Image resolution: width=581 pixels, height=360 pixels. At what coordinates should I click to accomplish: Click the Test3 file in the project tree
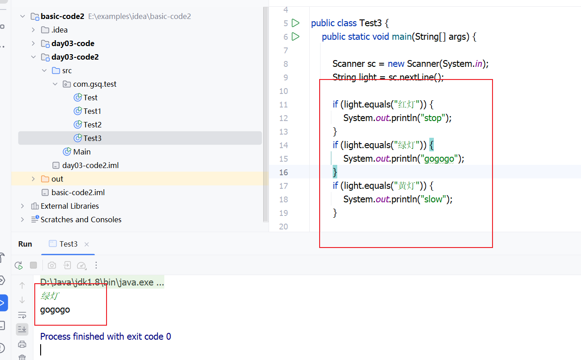[92, 138]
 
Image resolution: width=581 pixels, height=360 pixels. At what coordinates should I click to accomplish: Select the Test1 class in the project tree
[92, 111]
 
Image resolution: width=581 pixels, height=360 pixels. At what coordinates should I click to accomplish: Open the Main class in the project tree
[82, 152]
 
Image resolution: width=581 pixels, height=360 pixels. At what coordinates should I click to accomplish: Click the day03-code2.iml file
[90, 165]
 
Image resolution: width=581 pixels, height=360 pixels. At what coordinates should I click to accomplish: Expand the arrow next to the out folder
[33, 179]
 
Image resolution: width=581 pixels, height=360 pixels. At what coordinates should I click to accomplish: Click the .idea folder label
[59, 30]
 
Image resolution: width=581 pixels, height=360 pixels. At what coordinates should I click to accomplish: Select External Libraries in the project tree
[70, 206]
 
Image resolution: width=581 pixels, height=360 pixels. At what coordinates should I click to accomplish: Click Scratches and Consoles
[81, 220]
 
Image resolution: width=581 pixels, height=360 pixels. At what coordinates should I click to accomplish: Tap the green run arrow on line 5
[296, 23]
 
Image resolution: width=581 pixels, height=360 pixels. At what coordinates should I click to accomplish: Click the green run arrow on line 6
[296, 36]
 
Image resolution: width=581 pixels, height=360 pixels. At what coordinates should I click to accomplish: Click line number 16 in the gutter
[284, 172]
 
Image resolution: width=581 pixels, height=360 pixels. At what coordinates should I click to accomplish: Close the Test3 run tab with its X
[87, 244]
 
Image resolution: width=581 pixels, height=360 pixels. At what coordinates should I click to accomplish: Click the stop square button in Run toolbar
[33, 265]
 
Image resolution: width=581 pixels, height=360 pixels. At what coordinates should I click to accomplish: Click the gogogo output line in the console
[55, 310]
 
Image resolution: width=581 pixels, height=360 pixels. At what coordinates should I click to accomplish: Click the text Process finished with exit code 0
[106, 337]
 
